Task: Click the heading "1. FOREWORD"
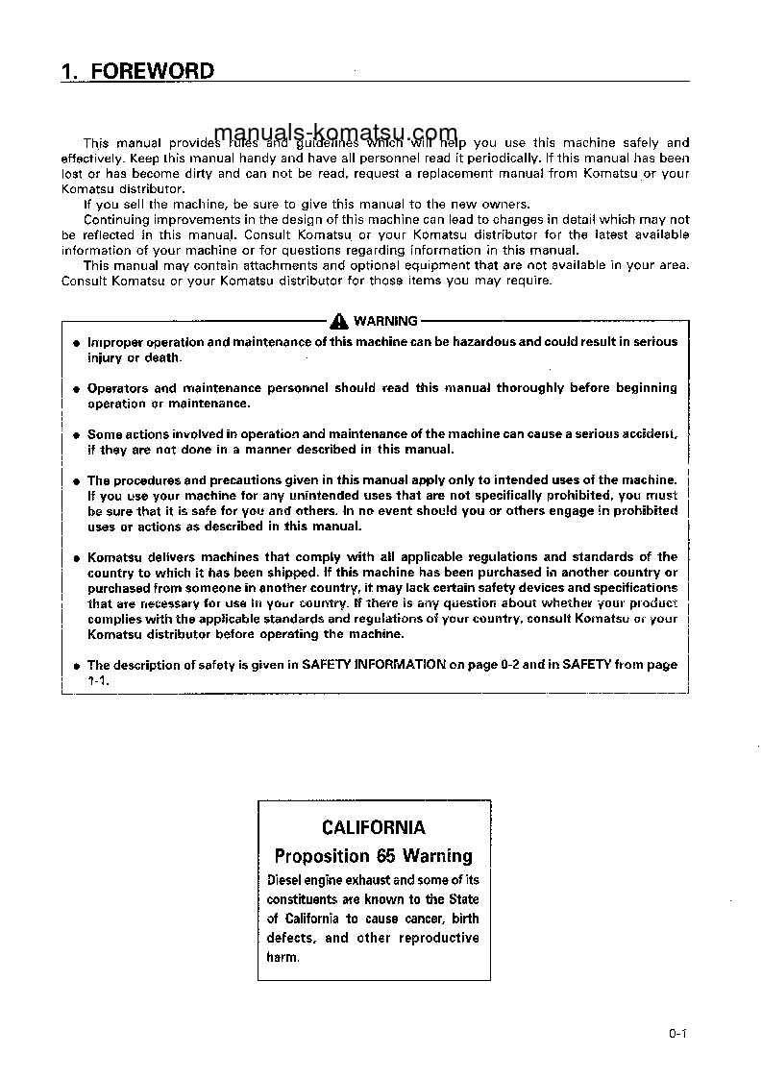[137, 72]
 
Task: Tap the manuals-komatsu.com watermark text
[323, 134]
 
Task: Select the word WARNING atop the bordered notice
[385, 322]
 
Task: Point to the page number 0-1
[679, 1034]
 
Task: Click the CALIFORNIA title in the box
[374, 827]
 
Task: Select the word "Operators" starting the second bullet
[117, 389]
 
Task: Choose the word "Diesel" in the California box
[286, 880]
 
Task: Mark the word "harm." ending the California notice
[283, 958]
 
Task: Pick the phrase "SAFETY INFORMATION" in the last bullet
[374, 665]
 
